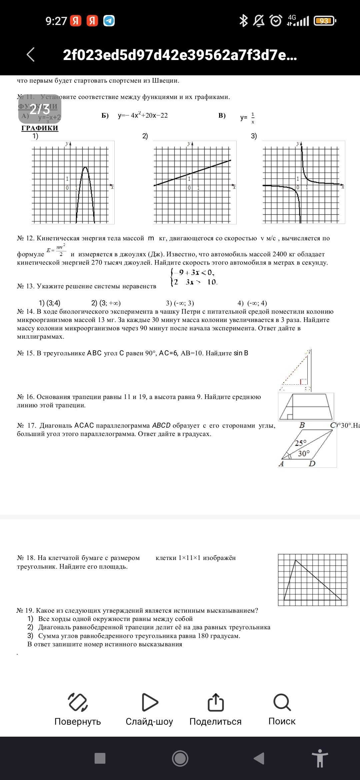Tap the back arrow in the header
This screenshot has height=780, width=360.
tap(31, 54)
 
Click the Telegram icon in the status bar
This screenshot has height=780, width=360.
tap(109, 21)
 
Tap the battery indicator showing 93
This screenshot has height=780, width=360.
tap(324, 21)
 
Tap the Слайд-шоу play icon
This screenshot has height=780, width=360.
tap(150, 702)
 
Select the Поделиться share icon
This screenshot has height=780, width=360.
tap(215, 702)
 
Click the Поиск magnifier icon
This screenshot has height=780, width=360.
tap(282, 702)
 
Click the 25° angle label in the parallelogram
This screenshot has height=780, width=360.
tap(300, 443)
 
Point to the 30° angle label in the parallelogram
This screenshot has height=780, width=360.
tap(304, 453)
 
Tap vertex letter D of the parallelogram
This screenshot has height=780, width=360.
tap(312, 464)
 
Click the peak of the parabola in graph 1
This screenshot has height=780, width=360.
tap(85, 167)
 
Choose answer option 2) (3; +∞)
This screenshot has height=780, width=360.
tap(106, 303)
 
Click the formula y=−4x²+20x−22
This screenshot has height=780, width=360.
tap(143, 115)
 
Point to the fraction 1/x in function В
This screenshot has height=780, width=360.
tap(253, 118)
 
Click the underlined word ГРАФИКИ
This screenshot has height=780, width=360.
tap(40, 128)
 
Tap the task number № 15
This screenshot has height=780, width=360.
tap(26, 353)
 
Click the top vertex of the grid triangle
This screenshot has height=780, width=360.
tap(295, 560)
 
